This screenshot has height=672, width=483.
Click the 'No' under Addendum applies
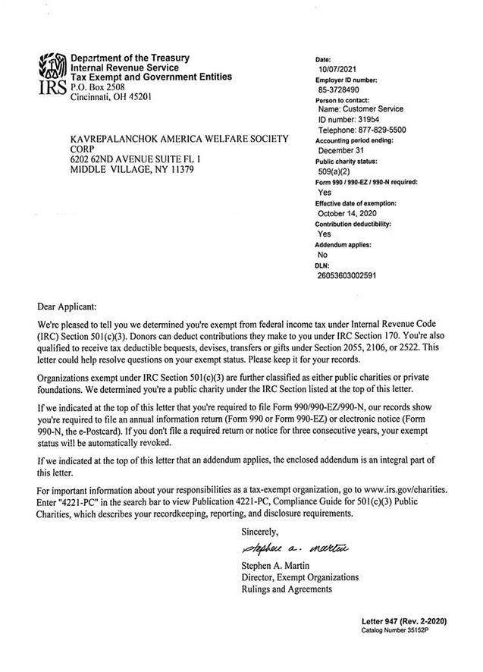click(x=322, y=255)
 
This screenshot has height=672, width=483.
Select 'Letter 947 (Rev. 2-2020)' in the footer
click(x=404, y=622)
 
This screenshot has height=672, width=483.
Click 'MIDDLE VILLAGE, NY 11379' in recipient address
click(x=132, y=169)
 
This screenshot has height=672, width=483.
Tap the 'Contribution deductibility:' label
click(x=353, y=225)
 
